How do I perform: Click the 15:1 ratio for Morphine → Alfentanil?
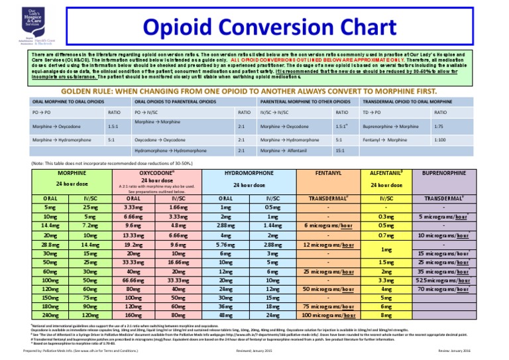tap(341, 150)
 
